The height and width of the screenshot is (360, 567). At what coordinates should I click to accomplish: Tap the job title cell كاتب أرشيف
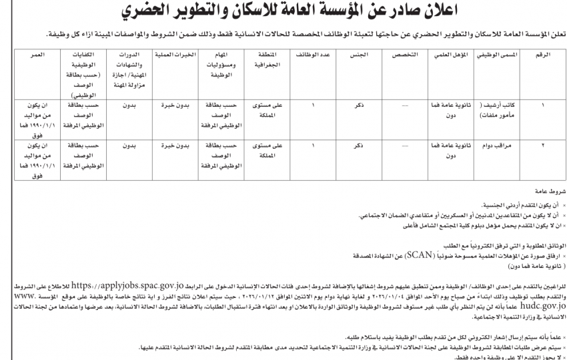click(496, 111)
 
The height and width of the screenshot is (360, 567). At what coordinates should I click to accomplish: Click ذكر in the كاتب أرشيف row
click(358, 106)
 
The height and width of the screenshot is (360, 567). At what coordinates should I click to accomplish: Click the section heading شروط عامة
click(548, 191)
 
